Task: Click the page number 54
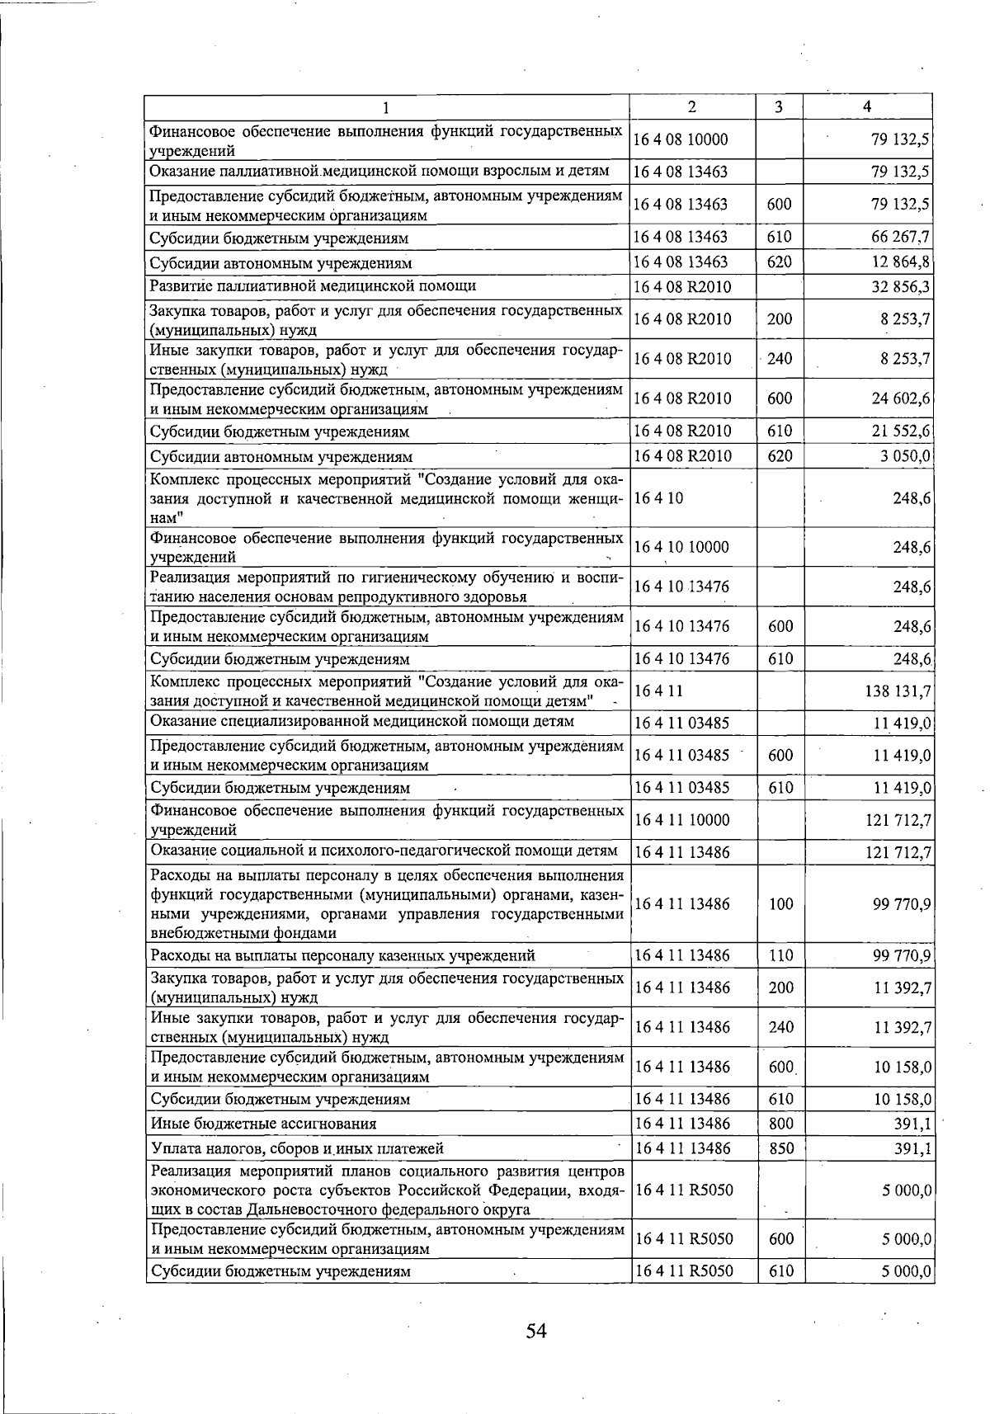tap(536, 1331)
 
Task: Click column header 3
tap(779, 107)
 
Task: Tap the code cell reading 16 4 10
tap(658, 498)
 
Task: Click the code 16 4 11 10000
tap(681, 820)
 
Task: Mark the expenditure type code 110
tap(780, 955)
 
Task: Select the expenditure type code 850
tap(780, 1148)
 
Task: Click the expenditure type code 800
tap(780, 1124)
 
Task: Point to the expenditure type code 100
tap(780, 904)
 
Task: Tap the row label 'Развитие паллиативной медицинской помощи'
tap(313, 286)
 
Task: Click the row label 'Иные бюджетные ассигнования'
tap(263, 1124)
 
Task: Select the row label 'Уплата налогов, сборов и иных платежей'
tap(297, 1148)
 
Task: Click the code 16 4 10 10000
tap(681, 547)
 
